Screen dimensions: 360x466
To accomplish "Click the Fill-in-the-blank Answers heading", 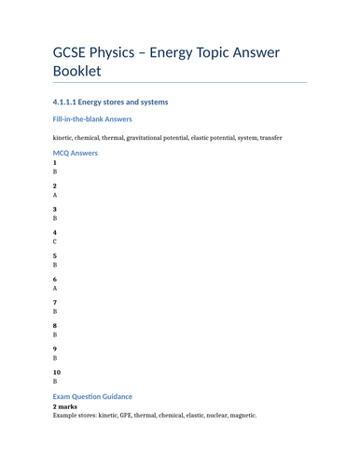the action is (92, 119).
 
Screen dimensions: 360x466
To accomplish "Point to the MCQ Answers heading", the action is (75, 153).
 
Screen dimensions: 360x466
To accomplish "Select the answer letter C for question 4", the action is (55, 241).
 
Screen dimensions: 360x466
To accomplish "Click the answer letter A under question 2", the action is (55, 196).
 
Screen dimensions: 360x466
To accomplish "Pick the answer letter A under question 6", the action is (55, 289).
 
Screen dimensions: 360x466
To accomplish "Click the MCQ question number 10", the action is (57, 372).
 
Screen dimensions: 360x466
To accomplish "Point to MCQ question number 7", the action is (55, 302).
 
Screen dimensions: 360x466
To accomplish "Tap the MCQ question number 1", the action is (55, 163).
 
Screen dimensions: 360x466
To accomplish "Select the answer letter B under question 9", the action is (55, 358).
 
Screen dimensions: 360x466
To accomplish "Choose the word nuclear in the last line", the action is (218, 416).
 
